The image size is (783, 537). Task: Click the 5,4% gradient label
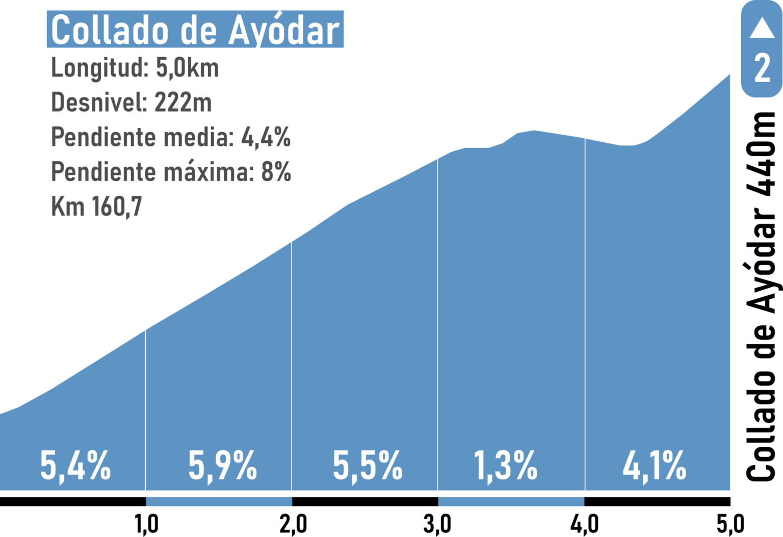coord(75,466)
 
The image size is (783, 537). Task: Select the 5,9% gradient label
coord(223,466)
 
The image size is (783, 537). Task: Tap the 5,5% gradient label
coord(368,466)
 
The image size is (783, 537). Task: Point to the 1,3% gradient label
coord(506,466)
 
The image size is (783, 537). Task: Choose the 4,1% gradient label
coord(655,466)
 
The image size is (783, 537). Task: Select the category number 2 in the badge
coord(762,68)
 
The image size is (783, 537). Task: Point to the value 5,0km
coord(187,68)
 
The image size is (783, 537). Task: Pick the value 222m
coord(182,103)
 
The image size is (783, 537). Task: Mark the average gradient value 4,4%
coord(266,137)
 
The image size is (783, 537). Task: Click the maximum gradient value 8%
coord(276,172)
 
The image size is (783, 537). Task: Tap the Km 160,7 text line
coord(96,207)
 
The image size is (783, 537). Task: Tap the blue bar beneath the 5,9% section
coord(219,502)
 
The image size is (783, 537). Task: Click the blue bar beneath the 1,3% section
coord(511,502)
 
